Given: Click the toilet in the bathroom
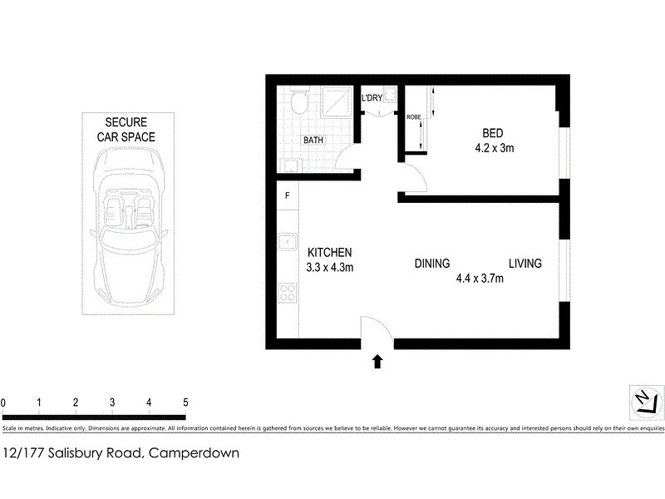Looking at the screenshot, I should pos(301,102).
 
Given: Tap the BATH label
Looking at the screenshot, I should pos(313,141).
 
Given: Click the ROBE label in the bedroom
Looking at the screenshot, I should pos(412,117).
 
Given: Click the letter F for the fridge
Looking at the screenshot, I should pos(287,196).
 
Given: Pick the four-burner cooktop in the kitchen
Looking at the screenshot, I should pos(288,293).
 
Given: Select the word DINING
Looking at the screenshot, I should pos(432,264).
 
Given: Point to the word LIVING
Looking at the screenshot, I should pos(525,264).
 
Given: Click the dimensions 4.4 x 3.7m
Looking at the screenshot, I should pos(480,279).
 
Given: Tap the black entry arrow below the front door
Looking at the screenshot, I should pos(377,360).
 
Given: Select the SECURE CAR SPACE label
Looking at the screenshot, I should pos(124,129).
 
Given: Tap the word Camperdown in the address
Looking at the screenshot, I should pos(195,453).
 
